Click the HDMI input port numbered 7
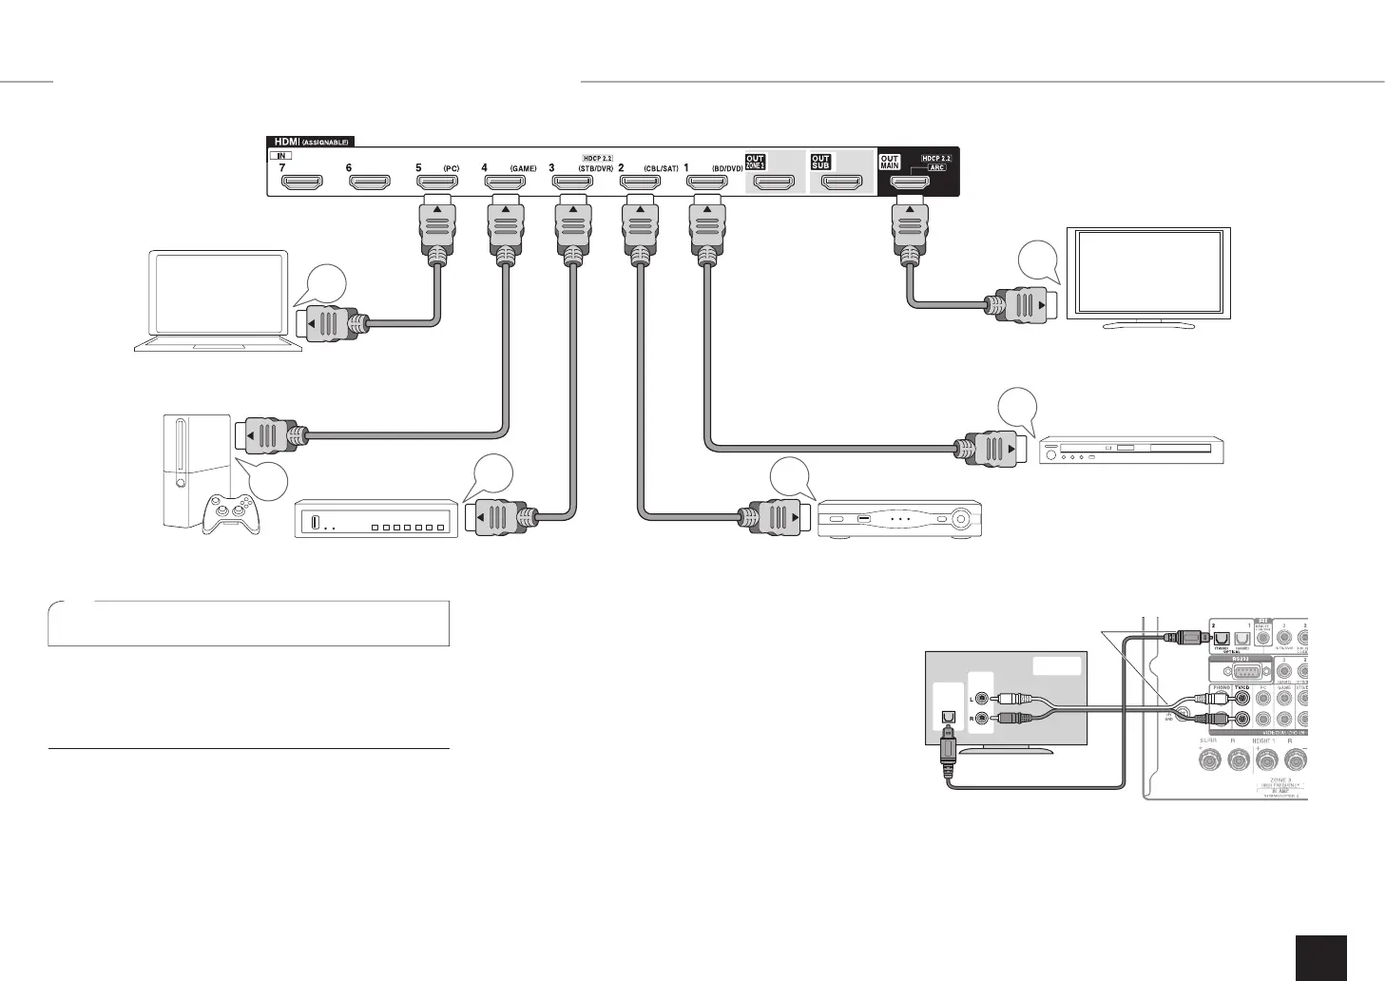302,181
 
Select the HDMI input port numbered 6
370,181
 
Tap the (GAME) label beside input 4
523,168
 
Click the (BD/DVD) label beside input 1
727,168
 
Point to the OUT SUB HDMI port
841,181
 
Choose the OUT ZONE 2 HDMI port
773,181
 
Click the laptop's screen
219,294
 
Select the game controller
226,514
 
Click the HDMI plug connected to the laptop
328,324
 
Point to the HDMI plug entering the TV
1022,305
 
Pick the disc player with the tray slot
1131,450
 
